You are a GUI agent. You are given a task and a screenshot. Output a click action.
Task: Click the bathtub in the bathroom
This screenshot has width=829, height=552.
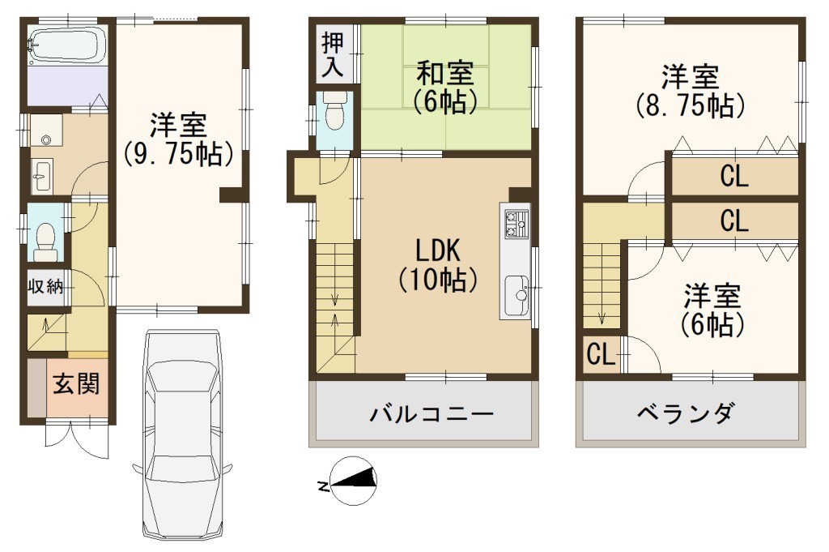[x=67, y=45]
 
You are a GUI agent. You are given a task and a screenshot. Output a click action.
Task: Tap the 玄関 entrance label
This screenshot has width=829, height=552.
[x=76, y=383]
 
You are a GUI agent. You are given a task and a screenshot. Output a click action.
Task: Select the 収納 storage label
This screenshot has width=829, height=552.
[x=45, y=287]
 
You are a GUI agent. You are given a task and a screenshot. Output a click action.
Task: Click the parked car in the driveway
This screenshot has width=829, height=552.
[x=182, y=435]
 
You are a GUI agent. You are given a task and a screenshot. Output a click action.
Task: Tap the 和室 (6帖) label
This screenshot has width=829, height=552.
[x=445, y=88]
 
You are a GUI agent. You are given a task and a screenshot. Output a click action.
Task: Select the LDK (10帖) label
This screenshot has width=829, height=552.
[x=438, y=265]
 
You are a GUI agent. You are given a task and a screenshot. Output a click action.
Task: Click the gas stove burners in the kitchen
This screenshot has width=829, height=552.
[x=516, y=224]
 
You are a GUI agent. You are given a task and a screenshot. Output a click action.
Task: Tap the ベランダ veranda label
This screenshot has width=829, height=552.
[x=687, y=413]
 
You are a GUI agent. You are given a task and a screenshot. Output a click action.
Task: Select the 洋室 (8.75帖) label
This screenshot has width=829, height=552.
[x=691, y=92]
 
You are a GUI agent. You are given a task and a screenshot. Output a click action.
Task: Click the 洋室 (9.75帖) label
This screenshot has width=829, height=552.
[x=178, y=139]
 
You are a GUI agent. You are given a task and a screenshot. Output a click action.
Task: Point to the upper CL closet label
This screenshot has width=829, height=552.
[x=733, y=176]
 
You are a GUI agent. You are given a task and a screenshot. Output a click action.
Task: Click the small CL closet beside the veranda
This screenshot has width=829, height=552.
[x=602, y=354]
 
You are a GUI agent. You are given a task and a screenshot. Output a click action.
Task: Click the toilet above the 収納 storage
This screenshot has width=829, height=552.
[x=45, y=241]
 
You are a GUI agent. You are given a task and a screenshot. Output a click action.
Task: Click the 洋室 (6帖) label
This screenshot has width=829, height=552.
[x=712, y=310]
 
